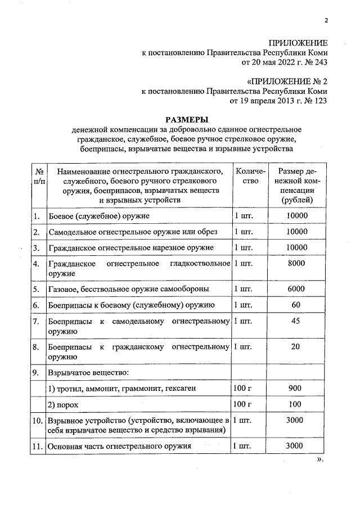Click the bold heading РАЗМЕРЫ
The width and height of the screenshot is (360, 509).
point(186,119)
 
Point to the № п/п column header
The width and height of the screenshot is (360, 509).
point(39,176)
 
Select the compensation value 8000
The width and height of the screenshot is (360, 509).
point(296,263)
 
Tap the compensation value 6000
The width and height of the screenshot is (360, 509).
point(296,289)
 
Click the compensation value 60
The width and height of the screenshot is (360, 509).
point(296,305)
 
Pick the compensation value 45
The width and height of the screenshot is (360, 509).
point(296,321)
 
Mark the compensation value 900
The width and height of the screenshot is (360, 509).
point(296,388)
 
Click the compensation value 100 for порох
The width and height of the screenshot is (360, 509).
point(296,404)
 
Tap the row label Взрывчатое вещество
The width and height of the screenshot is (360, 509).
point(82,372)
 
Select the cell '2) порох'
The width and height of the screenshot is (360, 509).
point(63,405)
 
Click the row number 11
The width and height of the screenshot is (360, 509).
point(38,447)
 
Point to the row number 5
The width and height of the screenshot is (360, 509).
point(36,289)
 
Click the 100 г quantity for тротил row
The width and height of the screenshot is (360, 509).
point(242,388)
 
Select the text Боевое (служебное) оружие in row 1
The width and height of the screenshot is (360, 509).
point(99,216)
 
